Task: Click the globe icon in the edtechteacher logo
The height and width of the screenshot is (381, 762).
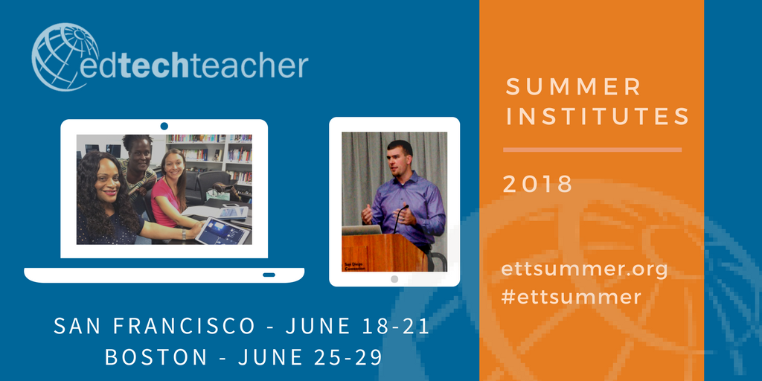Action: [65, 57]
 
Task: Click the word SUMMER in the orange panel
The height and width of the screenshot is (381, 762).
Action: [573, 86]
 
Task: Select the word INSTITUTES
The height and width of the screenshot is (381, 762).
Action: [597, 117]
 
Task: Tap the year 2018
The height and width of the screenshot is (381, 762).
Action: [537, 184]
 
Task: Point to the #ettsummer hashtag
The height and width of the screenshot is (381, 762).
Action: [571, 297]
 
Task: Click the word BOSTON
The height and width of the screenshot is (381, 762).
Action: [156, 357]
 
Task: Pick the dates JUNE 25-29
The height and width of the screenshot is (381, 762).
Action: [310, 357]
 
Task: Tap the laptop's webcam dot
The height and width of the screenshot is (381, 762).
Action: [164, 126]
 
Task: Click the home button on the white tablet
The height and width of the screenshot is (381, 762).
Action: [394, 279]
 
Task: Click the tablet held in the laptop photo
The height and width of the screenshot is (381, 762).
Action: [222, 231]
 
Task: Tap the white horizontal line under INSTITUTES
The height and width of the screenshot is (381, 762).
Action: [592, 150]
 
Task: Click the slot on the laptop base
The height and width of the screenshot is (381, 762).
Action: [269, 275]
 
